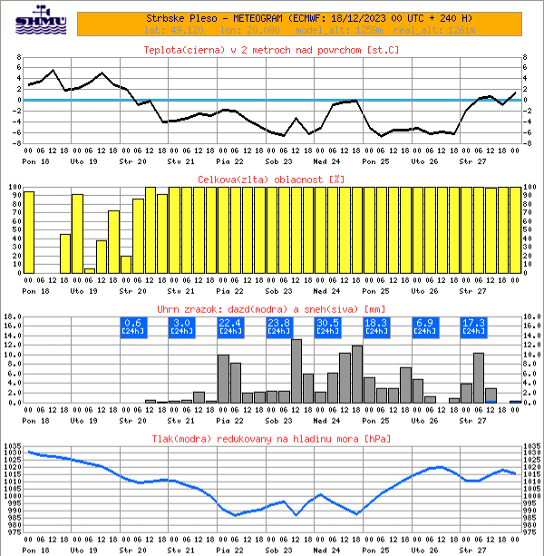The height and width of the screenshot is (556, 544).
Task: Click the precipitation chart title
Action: pos(271,310)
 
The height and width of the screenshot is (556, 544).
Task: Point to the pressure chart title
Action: pos(271,439)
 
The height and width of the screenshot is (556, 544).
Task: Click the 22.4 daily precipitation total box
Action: pos(229,327)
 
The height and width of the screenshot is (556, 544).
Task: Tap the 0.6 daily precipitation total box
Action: pos(132,327)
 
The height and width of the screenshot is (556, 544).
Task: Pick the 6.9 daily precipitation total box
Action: pos(424,327)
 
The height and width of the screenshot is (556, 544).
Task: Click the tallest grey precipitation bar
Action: pos(296,370)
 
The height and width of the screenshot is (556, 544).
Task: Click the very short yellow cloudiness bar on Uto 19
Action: pos(90,270)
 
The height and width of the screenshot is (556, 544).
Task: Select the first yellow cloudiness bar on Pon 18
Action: pos(29,231)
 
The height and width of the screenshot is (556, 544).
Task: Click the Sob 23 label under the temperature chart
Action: pos(277,161)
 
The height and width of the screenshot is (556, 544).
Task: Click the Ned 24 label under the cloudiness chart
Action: pos(325,291)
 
